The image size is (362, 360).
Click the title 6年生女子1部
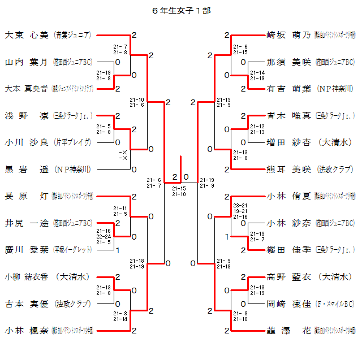[x=181, y=11]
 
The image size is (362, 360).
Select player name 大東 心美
[x=27, y=35]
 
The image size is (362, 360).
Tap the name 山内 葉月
[x=27, y=62]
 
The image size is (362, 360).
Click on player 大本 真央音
[x=27, y=89]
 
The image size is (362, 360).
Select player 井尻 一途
[x=27, y=223]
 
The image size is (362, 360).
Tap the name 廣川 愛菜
[x=27, y=249]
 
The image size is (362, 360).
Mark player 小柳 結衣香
[x=27, y=276]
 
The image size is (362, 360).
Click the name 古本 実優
[x=27, y=303]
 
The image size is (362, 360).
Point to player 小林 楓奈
[x=27, y=330]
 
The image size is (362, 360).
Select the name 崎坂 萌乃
[x=288, y=35]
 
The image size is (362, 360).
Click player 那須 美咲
[x=288, y=62]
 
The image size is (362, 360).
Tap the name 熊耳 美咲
[x=288, y=169]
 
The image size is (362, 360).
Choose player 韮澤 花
[x=288, y=330]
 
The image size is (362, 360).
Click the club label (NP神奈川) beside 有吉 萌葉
[x=335, y=89]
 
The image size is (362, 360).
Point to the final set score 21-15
[x=179, y=188]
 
